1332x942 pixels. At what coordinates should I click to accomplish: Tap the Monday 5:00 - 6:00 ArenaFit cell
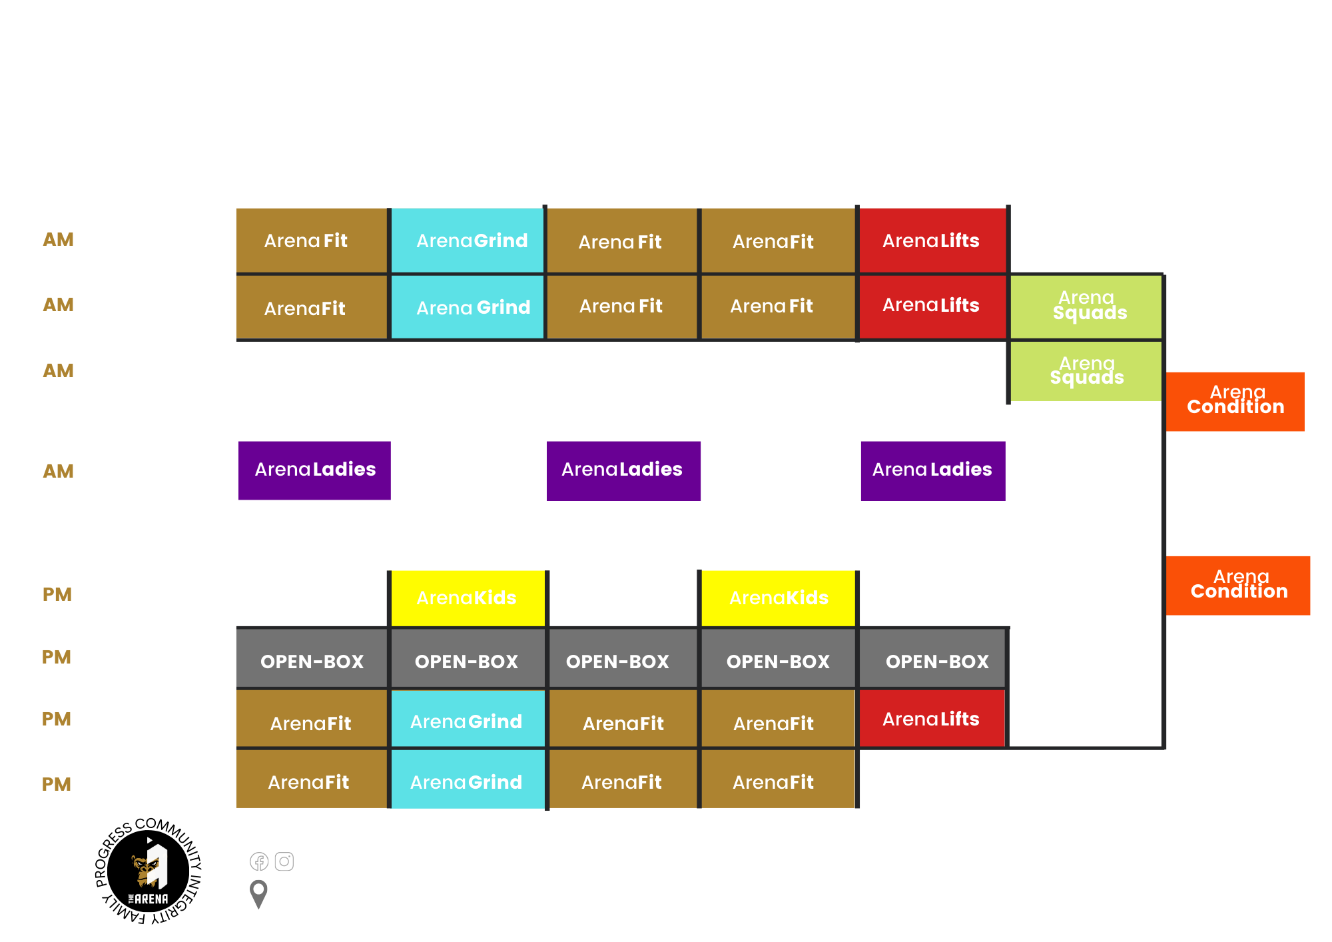pos(311,240)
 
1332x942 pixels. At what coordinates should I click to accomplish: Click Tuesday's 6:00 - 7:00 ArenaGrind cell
pos(468,307)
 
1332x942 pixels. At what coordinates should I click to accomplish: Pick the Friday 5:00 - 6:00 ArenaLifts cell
pos(932,240)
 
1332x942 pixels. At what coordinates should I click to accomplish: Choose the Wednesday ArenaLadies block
pos(623,470)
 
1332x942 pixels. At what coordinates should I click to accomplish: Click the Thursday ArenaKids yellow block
pos(778,598)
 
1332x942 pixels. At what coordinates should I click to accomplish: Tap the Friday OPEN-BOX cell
pos(932,661)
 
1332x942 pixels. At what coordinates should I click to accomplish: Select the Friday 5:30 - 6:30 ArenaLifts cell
pos(932,718)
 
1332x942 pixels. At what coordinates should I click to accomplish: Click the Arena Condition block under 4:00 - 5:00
pos(1238,585)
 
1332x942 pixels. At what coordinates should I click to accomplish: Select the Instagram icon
pos(284,861)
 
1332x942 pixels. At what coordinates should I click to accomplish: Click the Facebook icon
pos(259,861)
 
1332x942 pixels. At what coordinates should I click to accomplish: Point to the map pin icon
pos(258,894)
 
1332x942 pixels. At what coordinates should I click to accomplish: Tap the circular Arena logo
pos(148,871)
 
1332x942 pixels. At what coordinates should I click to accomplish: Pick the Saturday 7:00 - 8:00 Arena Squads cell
pos(1086,371)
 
